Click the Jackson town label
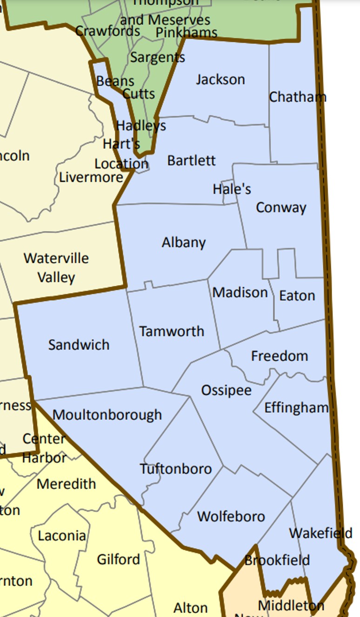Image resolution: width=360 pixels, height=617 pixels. pyautogui.click(x=220, y=80)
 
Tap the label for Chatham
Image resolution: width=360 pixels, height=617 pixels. pyautogui.click(x=297, y=97)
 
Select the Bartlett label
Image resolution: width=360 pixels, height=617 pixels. pyautogui.click(x=191, y=161)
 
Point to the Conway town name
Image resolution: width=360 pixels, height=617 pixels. pyautogui.click(x=281, y=207)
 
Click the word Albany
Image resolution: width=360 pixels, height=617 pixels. pyautogui.click(x=184, y=242)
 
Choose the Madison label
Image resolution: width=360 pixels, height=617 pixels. pyautogui.click(x=240, y=293)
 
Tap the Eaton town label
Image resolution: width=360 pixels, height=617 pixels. pyautogui.click(x=297, y=295)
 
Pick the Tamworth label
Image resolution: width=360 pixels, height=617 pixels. pyautogui.click(x=172, y=331)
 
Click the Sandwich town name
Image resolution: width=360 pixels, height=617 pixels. pyautogui.click(x=79, y=345)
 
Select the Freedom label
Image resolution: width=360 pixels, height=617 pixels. pyautogui.click(x=280, y=356)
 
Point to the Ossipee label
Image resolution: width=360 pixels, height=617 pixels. pyautogui.click(x=226, y=390)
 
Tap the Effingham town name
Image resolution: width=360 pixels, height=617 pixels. pyautogui.click(x=296, y=408)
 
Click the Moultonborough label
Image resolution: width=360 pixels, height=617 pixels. pyautogui.click(x=107, y=415)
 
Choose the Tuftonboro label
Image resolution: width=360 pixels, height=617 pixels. pyautogui.click(x=176, y=469)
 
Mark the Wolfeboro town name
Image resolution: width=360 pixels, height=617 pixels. pyautogui.click(x=231, y=516)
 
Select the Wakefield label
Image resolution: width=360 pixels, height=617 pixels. pyautogui.click(x=320, y=533)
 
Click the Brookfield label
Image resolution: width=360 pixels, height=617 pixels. pyautogui.click(x=277, y=560)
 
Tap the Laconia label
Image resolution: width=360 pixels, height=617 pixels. pyautogui.click(x=62, y=536)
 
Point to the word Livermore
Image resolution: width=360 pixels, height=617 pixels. pyautogui.click(x=91, y=177)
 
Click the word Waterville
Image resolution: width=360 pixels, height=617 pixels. pyautogui.click(x=56, y=258)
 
